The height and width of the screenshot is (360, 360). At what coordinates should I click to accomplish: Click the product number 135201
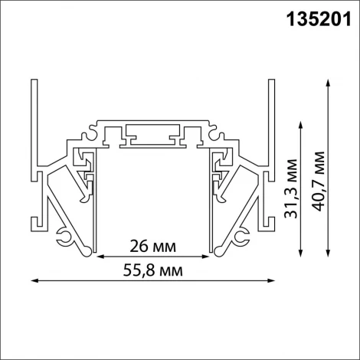[x=313, y=18]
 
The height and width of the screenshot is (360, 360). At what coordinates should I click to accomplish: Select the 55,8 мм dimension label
[x=152, y=271]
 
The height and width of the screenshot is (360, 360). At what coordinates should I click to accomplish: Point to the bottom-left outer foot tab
[x=37, y=223]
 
